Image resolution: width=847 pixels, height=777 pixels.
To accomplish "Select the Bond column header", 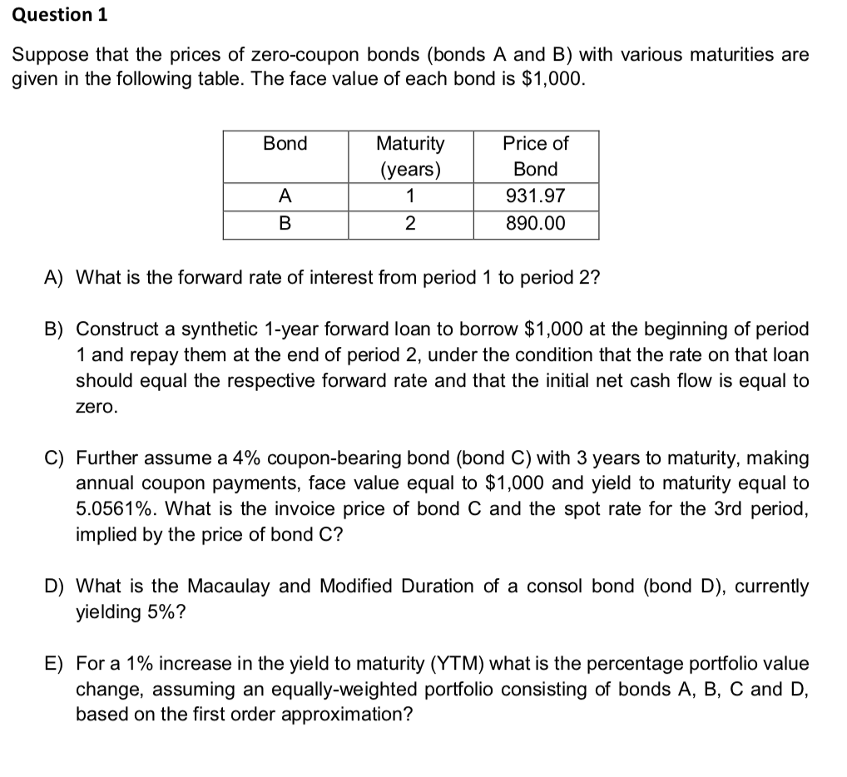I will point(285,143).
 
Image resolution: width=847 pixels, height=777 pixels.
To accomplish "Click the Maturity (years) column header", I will point(410,156).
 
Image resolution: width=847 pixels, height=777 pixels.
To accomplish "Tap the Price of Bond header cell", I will point(536,156).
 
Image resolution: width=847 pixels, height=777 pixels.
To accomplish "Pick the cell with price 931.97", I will point(536,197).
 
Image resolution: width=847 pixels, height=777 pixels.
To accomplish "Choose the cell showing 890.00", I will point(536,224).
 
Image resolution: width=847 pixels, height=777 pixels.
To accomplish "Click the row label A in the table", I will point(285,197).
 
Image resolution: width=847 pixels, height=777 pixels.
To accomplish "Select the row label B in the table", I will point(285,224).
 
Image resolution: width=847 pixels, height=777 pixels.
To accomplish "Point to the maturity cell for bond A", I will point(410,197).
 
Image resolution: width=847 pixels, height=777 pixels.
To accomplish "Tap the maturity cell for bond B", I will point(410,224).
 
